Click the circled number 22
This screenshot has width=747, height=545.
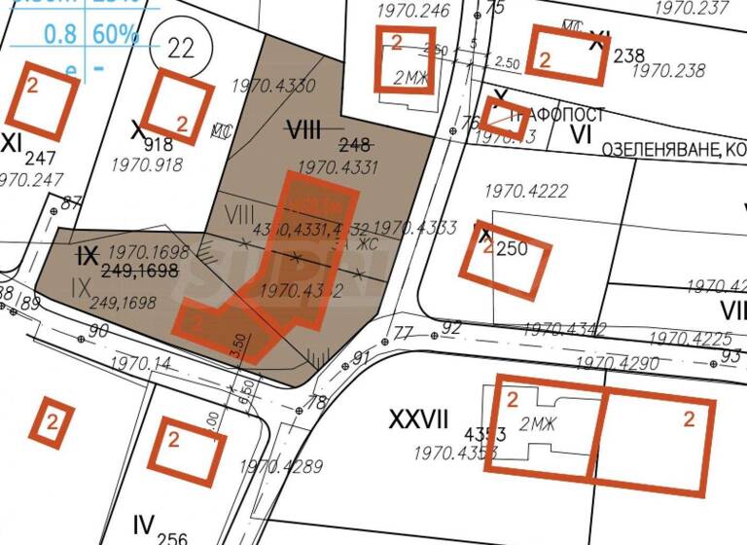pos(180,48)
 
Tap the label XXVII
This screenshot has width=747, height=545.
pos(418,420)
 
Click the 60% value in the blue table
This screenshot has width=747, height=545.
pos(116,34)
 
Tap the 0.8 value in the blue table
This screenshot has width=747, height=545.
pos(62,34)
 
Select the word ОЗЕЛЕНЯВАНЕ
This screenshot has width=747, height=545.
pos(661,150)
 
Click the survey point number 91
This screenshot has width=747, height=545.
pos(362,358)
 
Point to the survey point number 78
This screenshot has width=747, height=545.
pos(316,402)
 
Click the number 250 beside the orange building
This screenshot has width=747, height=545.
pos(512,249)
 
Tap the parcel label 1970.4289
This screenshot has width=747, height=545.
pos(280,466)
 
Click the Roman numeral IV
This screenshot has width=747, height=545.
pos(144,527)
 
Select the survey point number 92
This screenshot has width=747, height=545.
pos(449,327)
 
